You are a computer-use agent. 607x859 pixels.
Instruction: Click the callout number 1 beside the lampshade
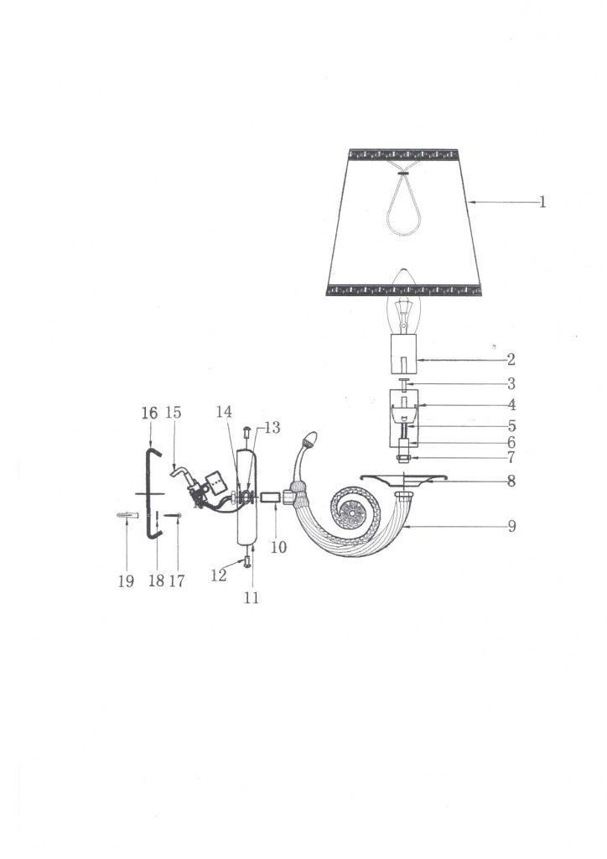pyautogui.click(x=542, y=201)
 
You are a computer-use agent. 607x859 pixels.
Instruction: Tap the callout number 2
pyautogui.click(x=511, y=359)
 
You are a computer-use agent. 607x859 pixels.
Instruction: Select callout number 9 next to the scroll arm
pyautogui.click(x=511, y=526)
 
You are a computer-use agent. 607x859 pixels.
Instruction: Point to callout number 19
pyautogui.click(x=126, y=580)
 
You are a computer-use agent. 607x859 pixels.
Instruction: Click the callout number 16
pyautogui.click(x=149, y=413)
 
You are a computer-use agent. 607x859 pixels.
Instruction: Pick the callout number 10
pyautogui.click(x=278, y=547)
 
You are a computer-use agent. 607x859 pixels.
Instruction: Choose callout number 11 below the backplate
pyautogui.click(x=252, y=597)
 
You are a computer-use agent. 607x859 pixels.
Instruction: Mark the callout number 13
pyautogui.click(x=272, y=427)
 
